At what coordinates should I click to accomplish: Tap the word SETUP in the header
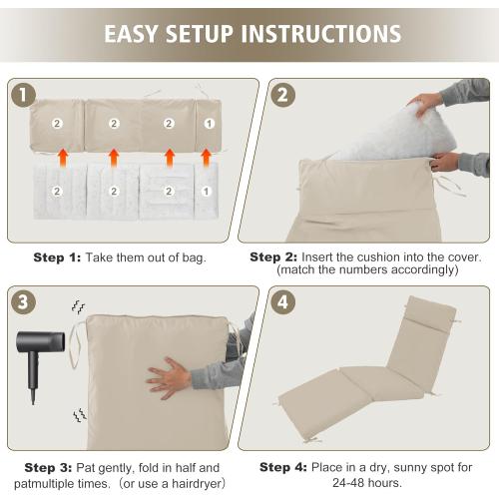[206, 34]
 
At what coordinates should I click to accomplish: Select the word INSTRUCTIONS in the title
[321, 34]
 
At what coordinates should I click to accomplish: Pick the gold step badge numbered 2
[281, 97]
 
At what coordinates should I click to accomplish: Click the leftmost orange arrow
[62, 157]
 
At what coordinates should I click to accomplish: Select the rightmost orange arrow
[206, 157]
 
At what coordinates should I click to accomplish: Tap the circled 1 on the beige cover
[208, 124]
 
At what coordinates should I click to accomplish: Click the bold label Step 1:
[57, 257]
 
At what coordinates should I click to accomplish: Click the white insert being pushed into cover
[374, 130]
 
